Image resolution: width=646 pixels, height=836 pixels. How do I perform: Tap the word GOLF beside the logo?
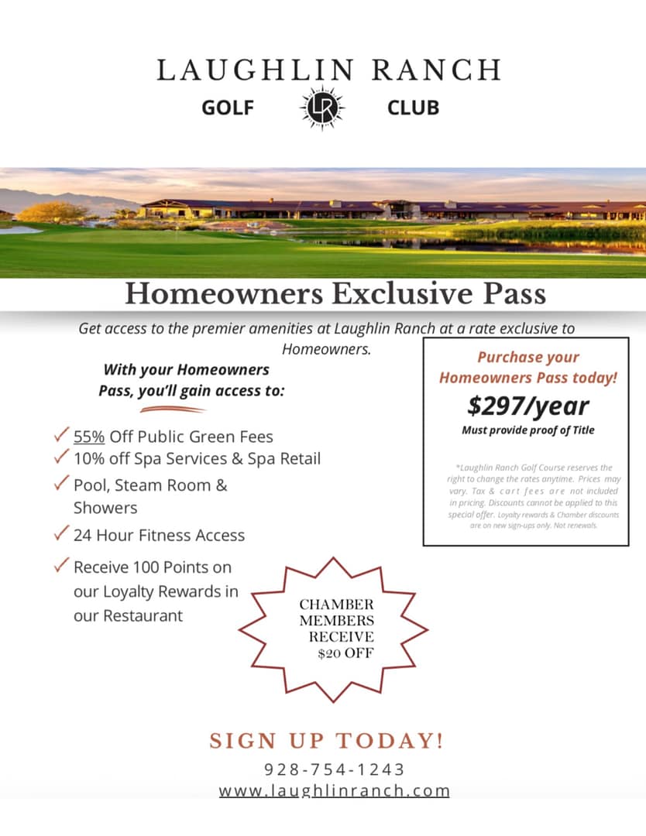[228, 108]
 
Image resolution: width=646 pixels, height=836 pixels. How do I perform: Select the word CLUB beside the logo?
[413, 108]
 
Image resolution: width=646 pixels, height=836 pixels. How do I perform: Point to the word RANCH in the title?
[436, 70]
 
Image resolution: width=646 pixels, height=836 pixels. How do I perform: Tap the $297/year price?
[527, 406]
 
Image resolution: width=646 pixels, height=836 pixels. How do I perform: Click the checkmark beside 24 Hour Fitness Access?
[62, 534]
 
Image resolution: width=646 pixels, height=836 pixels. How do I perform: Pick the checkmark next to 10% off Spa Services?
[62, 457]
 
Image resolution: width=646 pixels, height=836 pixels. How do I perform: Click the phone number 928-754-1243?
[335, 769]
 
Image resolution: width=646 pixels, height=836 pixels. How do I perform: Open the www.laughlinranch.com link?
[335, 791]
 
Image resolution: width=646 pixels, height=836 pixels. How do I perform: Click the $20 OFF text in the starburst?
[345, 653]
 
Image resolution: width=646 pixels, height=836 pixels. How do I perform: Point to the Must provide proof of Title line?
[527, 430]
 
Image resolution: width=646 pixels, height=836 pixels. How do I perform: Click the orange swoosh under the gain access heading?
[173, 409]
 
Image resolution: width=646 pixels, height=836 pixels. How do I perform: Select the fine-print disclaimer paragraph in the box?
[527, 496]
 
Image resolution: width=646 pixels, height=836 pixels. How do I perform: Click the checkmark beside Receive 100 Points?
[62, 566]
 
